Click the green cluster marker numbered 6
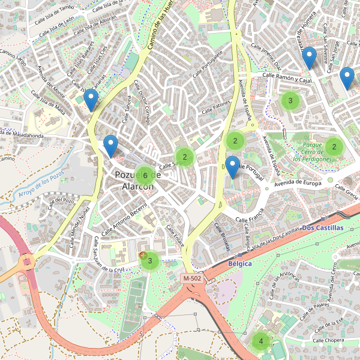[145, 175]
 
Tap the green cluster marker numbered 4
[260, 341]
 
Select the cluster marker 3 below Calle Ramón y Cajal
[290, 100]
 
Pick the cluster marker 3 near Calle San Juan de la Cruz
[149, 261]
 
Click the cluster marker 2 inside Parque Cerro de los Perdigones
[334, 147]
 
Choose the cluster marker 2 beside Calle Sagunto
[185, 157]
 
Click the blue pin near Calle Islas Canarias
[91, 100]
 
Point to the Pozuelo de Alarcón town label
[137, 181]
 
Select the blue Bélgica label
[240, 263]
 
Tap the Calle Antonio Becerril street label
[124, 222]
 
